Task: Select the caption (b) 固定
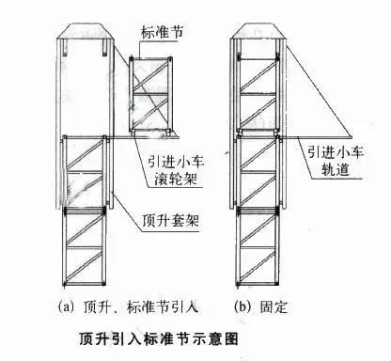click(x=260, y=306)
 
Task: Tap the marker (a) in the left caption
click(x=67, y=306)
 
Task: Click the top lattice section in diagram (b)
click(x=257, y=90)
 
